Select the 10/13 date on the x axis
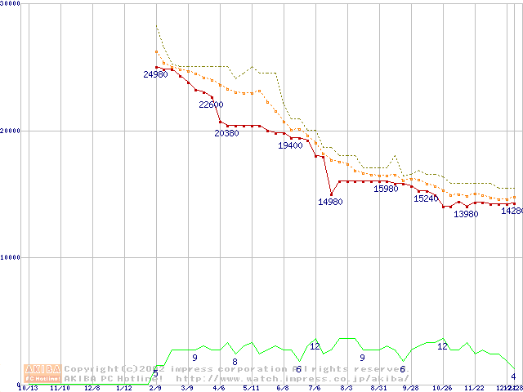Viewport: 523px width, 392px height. (x=28, y=388)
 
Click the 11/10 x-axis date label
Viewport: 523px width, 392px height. (x=60, y=388)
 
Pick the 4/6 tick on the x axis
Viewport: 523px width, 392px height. (x=219, y=388)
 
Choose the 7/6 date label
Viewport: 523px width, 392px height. (x=315, y=388)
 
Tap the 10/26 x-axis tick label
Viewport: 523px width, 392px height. (x=442, y=388)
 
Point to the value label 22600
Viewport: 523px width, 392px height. (x=211, y=105)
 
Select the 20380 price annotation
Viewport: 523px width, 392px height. (x=226, y=133)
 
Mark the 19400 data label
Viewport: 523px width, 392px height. (x=290, y=145)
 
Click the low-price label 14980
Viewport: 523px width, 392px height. (x=330, y=202)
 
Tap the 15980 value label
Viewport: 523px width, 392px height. (x=386, y=189)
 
